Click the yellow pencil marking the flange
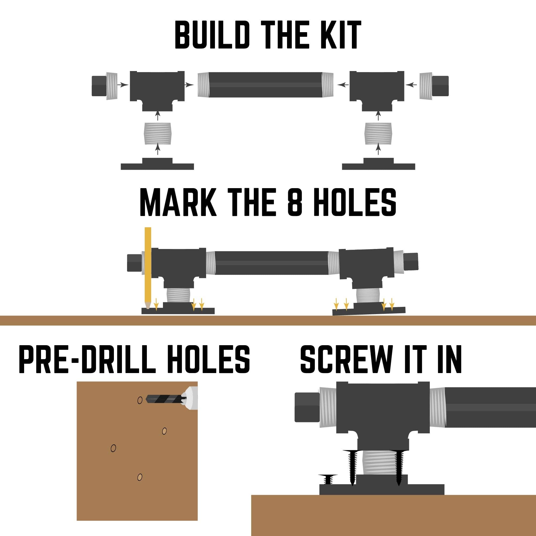[148, 268]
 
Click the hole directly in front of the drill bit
[140, 400]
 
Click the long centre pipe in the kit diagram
[266, 85]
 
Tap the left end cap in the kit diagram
[105, 86]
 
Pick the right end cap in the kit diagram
[434, 86]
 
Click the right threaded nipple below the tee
[378, 133]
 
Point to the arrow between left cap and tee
[123, 84]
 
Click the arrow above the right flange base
[378, 149]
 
